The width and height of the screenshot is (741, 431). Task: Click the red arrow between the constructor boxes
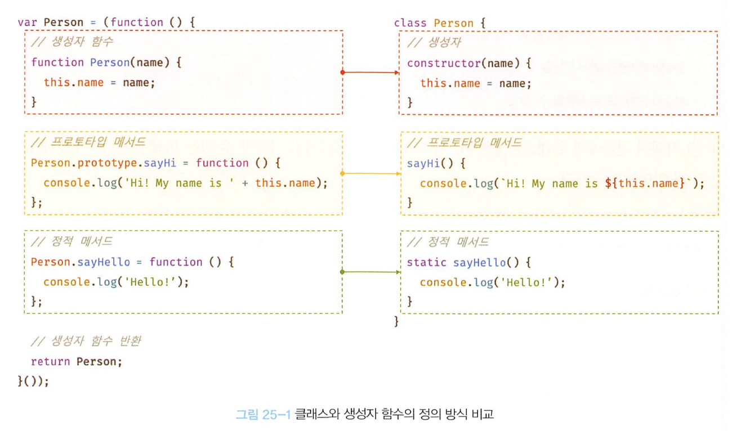tap(370, 73)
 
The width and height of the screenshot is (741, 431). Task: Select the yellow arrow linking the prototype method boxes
tap(370, 173)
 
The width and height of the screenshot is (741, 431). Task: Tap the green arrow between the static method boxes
tap(370, 272)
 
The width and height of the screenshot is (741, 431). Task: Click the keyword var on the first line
tap(28, 23)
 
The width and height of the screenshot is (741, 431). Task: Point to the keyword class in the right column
tap(410, 23)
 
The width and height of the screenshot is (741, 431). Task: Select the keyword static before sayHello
tap(426, 263)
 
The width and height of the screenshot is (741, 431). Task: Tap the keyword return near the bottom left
tap(50, 361)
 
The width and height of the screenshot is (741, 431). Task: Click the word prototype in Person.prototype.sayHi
tap(107, 163)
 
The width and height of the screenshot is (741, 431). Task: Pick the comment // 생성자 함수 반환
tap(85, 342)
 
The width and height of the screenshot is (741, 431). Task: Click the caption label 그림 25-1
tap(262, 415)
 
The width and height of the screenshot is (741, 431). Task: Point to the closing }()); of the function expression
tap(33, 381)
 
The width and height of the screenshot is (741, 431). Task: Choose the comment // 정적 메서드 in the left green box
tap(72, 242)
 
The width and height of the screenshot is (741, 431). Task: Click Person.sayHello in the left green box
tap(80, 262)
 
